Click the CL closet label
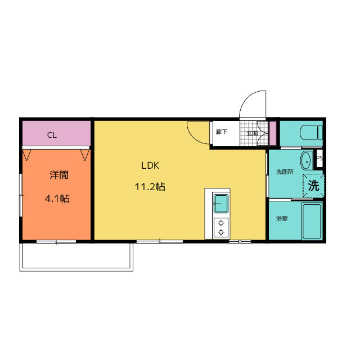(x=52, y=135)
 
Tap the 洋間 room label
(x=59, y=175)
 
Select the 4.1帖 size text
(x=57, y=199)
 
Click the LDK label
(x=150, y=165)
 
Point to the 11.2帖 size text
(x=150, y=187)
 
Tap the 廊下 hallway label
(x=222, y=132)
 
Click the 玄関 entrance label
(x=252, y=133)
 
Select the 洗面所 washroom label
(x=285, y=172)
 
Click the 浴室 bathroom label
(x=282, y=218)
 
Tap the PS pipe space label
(x=319, y=158)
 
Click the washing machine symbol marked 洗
(x=313, y=186)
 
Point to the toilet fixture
(x=311, y=133)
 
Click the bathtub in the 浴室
(x=312, y=222)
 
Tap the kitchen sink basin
(x=221, y=204)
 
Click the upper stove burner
(x=221, y=223)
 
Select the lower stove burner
(x=221, y=232)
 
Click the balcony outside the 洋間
(x=76, y=256)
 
